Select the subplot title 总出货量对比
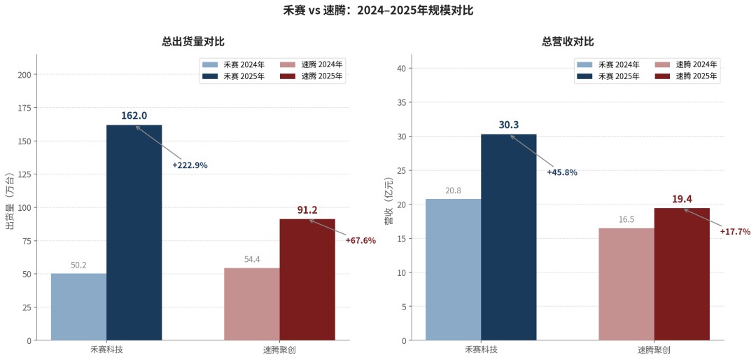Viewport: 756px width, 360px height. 193,42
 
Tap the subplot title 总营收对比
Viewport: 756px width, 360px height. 568,42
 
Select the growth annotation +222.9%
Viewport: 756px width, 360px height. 190,165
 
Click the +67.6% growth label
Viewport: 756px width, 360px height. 360,240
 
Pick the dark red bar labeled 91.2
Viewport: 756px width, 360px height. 307,279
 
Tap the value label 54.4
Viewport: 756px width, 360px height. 252,259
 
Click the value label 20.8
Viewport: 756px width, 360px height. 453,191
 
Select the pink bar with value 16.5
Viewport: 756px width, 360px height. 626,284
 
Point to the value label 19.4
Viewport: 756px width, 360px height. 682,200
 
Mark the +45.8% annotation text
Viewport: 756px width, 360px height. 562,172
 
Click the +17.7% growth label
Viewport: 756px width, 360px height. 735,232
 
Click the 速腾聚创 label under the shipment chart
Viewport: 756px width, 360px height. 279,349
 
